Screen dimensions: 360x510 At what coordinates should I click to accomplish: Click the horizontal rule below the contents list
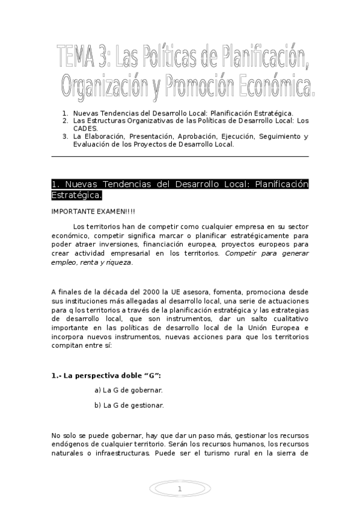[180, 156]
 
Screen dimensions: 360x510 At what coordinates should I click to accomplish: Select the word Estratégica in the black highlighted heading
[76, 195]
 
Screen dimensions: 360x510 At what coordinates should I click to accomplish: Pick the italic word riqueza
[117, 262]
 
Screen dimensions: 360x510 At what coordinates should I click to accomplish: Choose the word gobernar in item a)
[146, 390]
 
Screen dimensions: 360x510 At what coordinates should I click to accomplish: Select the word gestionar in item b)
[147, 405]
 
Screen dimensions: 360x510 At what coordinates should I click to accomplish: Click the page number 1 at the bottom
[179, 489]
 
